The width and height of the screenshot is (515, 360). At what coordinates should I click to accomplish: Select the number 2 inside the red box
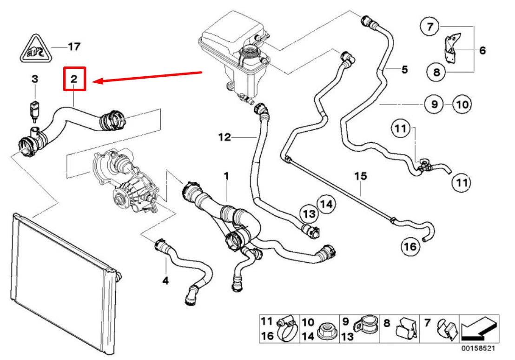pos(74,79)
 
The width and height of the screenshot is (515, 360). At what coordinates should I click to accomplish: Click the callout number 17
pos(74,47)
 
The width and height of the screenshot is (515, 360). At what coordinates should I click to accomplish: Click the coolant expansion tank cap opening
pos(251,52)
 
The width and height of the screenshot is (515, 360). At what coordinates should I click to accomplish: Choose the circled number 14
pos(326,204)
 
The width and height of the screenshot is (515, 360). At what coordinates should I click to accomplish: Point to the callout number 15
pos(361,176)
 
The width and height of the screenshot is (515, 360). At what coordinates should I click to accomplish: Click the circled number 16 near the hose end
pos(411,247)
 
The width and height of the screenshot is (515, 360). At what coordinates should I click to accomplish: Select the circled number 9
pos(434,105)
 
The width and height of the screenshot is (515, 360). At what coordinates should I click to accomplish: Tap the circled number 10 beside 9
pos(462,105)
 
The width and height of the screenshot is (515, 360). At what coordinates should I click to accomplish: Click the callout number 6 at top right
pos(482,50)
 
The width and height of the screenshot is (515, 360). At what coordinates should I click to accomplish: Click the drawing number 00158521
pos(482,348)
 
